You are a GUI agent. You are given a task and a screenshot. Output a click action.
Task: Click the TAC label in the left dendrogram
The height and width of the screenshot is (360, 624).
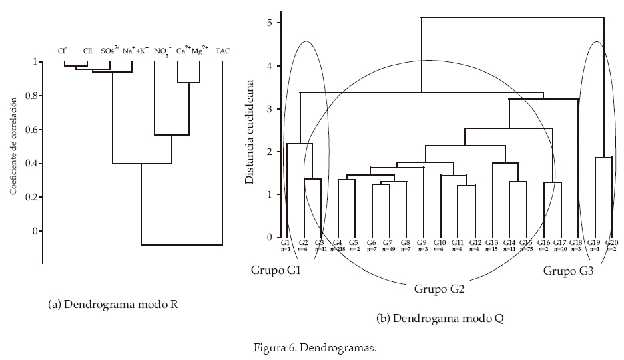[x=223, y=51]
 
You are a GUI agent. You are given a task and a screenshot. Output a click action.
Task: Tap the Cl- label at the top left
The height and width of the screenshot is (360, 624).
[x=63, y=51]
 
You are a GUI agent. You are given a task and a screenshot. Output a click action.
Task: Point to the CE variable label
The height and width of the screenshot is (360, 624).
[x=87, y=51]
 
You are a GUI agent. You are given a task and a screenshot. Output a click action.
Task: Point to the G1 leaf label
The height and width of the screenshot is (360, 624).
[x=285, y=242]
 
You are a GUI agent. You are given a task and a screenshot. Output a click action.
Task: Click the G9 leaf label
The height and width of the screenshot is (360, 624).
[x=422, y=242]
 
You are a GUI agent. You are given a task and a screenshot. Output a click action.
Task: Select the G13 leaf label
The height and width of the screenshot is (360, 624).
[x=492, y=242]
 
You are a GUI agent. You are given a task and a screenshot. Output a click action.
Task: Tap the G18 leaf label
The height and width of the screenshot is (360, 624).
[x=577, y=242]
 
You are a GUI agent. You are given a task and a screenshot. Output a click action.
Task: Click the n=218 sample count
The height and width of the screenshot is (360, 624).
[x=338, y=250]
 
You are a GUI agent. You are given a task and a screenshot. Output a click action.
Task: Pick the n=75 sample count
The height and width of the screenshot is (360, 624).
[x=526, y=250]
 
